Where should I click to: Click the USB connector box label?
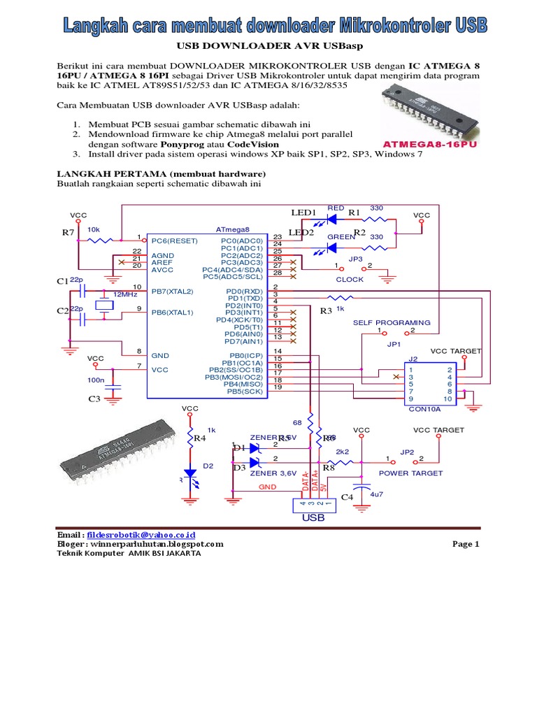click(x=313, y=518)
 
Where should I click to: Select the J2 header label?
click(x=413, y=359)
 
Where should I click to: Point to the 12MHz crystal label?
click(x=125, y=294)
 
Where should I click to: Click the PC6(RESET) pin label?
click(x=174, y=239)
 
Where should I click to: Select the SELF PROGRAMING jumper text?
click(x=392, y=322)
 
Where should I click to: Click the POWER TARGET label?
click(x=410, y=473)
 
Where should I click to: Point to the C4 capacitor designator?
click(x=348, y=497)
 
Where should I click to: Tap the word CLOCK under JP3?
click(x=350, y=280)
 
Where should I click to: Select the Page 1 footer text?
click(x=466, y=544)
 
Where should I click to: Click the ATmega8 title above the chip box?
click(x=232, y=229)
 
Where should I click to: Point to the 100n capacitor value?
click(x=96, y=380)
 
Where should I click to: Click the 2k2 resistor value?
click(x=343, y=452)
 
